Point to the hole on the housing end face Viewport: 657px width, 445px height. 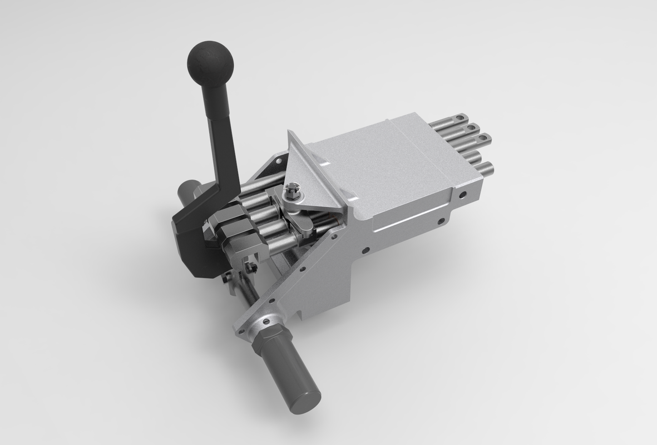(x=462, y=194)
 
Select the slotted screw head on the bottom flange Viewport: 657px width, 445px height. (x=266, y=321)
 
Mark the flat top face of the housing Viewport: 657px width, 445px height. (x=378, y=161)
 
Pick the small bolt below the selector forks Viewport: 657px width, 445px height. (x=250, y=268)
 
